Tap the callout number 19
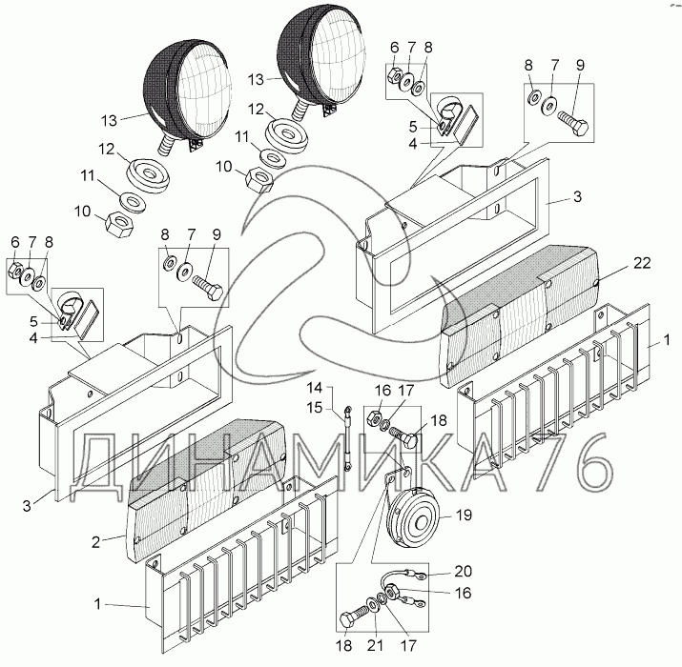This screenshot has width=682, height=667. click(x=465, y=517)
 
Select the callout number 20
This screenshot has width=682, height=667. click(x=464, y=573)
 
